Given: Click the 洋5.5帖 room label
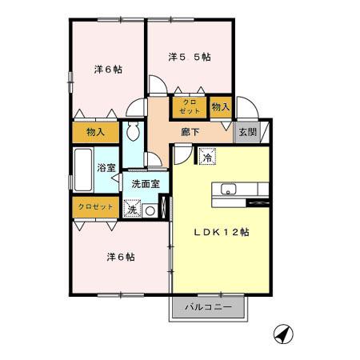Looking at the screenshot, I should tap(190, 57).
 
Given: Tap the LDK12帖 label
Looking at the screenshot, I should tap(222, 233).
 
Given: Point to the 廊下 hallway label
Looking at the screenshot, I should tap(190, 132).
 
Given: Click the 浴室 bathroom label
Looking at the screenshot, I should tap(106, 167).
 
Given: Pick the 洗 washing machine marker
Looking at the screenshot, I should tap(132, 209).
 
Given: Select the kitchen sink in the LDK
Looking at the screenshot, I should tap(227, 190).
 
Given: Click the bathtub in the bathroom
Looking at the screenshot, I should tap(82, 170).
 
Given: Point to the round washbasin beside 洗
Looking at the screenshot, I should tap(150, 210).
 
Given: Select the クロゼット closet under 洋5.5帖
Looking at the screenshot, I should tap(189, 107).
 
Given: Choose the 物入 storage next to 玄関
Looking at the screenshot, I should tap(221, 106).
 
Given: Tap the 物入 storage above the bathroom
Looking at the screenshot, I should tap(95, 131).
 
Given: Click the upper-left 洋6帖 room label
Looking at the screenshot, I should tap(106, 70).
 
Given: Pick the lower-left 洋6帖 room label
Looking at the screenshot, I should tap(120, 257).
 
